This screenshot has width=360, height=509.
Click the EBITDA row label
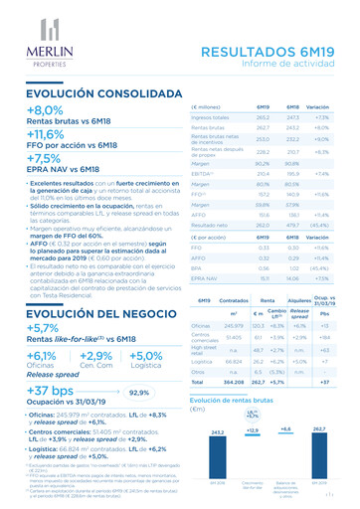pyautogui.click(x=200, y=171)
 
